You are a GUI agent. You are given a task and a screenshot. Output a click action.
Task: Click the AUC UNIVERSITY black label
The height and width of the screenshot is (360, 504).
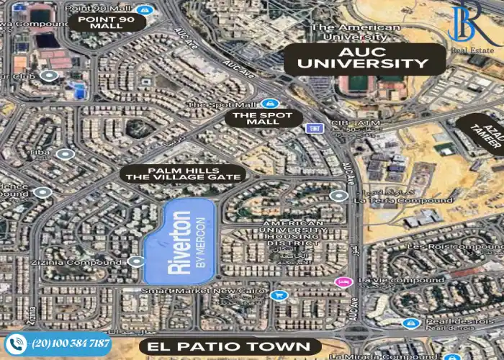tap(364, 58)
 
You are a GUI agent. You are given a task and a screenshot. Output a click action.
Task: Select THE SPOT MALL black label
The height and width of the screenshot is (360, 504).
tap(262, 118)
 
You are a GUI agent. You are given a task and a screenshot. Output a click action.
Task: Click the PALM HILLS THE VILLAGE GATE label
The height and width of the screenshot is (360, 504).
tap(183, 174)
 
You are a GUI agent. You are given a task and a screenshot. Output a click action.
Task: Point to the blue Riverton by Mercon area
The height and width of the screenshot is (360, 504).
tap(181, 241)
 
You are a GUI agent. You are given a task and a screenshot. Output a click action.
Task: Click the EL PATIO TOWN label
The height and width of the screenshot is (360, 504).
tap(230, 347)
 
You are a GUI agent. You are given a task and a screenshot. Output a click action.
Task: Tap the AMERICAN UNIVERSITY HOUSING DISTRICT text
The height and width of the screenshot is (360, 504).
tap(293, 235)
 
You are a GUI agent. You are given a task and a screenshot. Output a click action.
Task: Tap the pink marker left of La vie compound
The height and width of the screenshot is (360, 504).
tap(345, 280)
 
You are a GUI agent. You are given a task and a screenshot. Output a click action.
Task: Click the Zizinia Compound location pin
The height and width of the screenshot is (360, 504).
tap(137, 262)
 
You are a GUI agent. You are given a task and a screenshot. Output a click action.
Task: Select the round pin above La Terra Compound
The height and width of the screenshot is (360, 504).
tap(338, 195)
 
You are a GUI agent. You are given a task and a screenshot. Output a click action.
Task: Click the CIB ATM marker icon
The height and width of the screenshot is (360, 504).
tap(313, 129)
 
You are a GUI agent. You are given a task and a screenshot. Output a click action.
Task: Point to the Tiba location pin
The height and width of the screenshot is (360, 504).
tap(66, 154)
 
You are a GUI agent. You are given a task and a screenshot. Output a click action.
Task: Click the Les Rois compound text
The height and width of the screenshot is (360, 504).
tap(464, 246)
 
